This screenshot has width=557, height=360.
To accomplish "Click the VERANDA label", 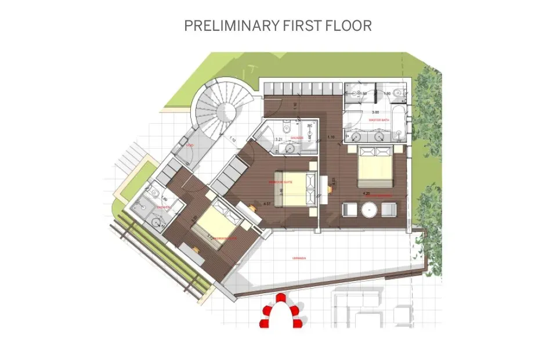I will [x=300, y=257].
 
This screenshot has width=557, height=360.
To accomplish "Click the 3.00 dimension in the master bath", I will [x=375, y=111].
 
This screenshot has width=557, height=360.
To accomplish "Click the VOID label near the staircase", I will [x=190, y=145].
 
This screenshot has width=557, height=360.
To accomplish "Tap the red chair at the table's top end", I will [x=281, y=298].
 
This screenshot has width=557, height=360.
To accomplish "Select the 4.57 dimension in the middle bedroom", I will [x=267, y=204].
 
